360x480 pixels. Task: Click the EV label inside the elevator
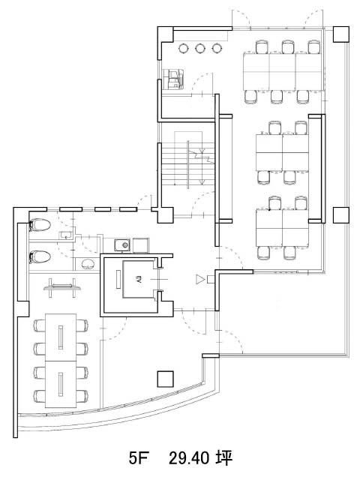pyautogui.click(x=138, y=279)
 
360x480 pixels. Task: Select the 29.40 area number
pyautogui.click(x=189, y=458)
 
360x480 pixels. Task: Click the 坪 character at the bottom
pyautogui.click(x=223, y=458)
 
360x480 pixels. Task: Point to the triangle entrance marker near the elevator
pyautogui.click(x=199, y=279)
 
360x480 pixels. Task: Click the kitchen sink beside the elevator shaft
pyautogui.click(x=122, y=245)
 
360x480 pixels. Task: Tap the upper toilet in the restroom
pyautogui.click(x=40, y=226)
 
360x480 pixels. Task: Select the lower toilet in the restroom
pyautogui.click(x=40, y=256)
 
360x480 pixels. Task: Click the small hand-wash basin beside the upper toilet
pyautogui.click(x=65, y=235)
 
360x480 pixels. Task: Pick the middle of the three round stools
pyautogui.click(x=199, y=48)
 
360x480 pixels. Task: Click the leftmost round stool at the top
pyautogui.click(x=183, y=48)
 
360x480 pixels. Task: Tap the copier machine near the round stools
pyautogui.click(x=173, y=79)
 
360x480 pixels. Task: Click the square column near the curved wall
pyautogui.click(x=165, y=379)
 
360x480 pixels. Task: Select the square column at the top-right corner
pyautogui.click(x=341, y=34)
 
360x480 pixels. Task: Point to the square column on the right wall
pyautogui.click(x=341, y=215)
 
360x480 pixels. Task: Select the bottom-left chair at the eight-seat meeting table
pyautogui.click(x=40, y=396)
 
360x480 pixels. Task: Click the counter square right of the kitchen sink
pyautogui.click(x=141, y=245)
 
